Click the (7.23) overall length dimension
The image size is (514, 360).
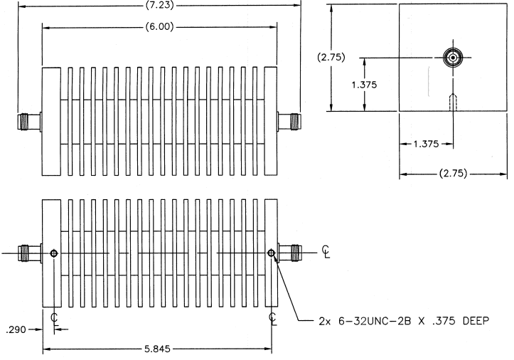point(160,6)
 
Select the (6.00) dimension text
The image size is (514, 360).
point(160,26)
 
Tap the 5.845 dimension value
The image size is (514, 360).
point(157,349)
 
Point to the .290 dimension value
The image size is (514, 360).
point(16,329)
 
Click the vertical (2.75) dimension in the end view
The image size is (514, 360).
point(331,57)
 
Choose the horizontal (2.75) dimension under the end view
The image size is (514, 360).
point(453,174)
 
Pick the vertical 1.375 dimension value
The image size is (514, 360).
point(364,85)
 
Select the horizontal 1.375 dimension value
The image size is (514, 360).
point(426,144)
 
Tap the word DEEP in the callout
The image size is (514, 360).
point(476,321)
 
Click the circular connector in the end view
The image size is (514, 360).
point(453,58)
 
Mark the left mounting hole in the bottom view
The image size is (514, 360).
point(54,253)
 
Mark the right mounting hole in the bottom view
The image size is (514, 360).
point(271,253)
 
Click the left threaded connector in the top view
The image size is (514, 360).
point(29,122)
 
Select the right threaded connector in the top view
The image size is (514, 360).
point(289,122)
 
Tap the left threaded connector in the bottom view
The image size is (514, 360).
point(30,253)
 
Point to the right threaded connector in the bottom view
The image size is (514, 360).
point(290,253)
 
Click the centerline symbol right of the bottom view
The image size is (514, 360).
point(326,251)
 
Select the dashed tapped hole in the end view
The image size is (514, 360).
point(453,102)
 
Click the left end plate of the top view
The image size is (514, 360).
point(51,122)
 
